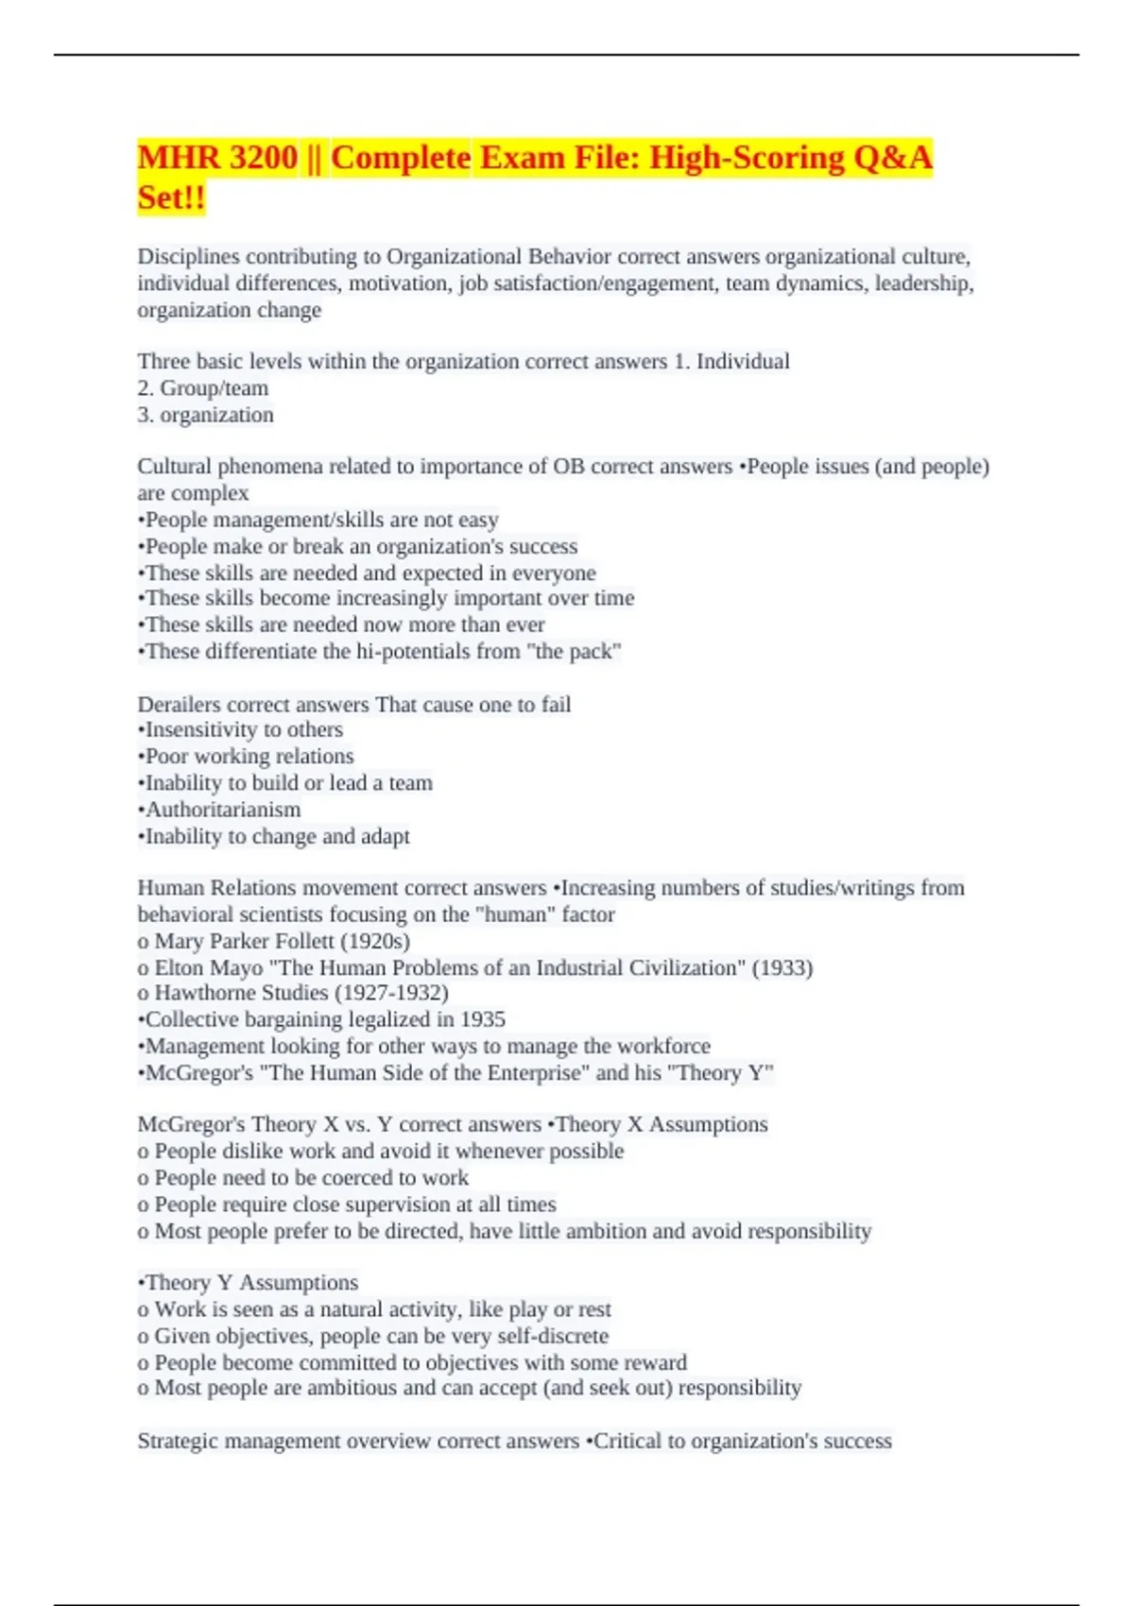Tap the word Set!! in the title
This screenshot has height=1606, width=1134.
(171, 197)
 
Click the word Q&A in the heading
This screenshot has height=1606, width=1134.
(892, 157)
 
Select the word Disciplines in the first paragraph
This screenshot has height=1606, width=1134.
(187, 257)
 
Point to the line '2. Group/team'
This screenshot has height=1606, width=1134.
(203, 388)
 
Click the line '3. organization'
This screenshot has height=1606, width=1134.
(206, 415)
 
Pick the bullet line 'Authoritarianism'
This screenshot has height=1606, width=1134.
(223, 810)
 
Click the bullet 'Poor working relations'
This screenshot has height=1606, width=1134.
(249, 757)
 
